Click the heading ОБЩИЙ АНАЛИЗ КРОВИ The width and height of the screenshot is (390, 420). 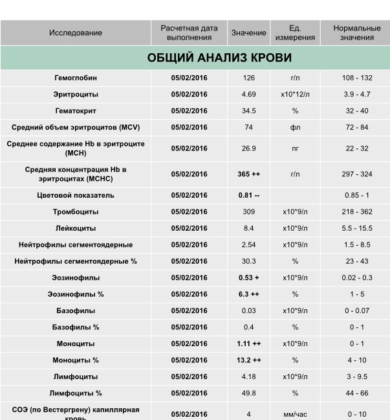tap(219, 58)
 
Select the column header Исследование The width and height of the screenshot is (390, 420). tap(76, 33)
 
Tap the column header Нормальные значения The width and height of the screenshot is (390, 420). tap(357, 33)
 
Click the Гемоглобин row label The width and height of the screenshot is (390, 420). tap(76, 78)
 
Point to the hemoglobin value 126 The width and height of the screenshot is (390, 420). tap(248, 78)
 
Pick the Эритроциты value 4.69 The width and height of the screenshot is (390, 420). tap(248, 95)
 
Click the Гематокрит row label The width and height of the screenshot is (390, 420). tap(76, 111)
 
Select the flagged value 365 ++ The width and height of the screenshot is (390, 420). tap(248, 174)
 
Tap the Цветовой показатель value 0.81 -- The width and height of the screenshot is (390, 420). tap(248, 195)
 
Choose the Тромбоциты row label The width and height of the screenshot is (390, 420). tap(76, 212)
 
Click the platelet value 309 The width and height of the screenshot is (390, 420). tap(248, 212)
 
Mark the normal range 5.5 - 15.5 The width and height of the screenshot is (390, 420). tap(357, 228)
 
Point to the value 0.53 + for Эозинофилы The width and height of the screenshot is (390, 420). tap(248, 278)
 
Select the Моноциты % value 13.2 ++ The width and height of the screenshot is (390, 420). tap(248, 360)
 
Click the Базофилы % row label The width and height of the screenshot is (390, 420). tap(76, 327)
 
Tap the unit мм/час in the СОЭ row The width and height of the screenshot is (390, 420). tap(295, 414)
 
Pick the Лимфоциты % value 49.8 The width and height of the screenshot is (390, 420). tap(248, 393)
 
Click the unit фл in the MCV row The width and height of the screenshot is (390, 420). tap(295, 128)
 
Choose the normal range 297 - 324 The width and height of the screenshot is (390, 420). tap(357, 174)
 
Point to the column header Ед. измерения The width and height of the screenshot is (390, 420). tap(295, 33)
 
